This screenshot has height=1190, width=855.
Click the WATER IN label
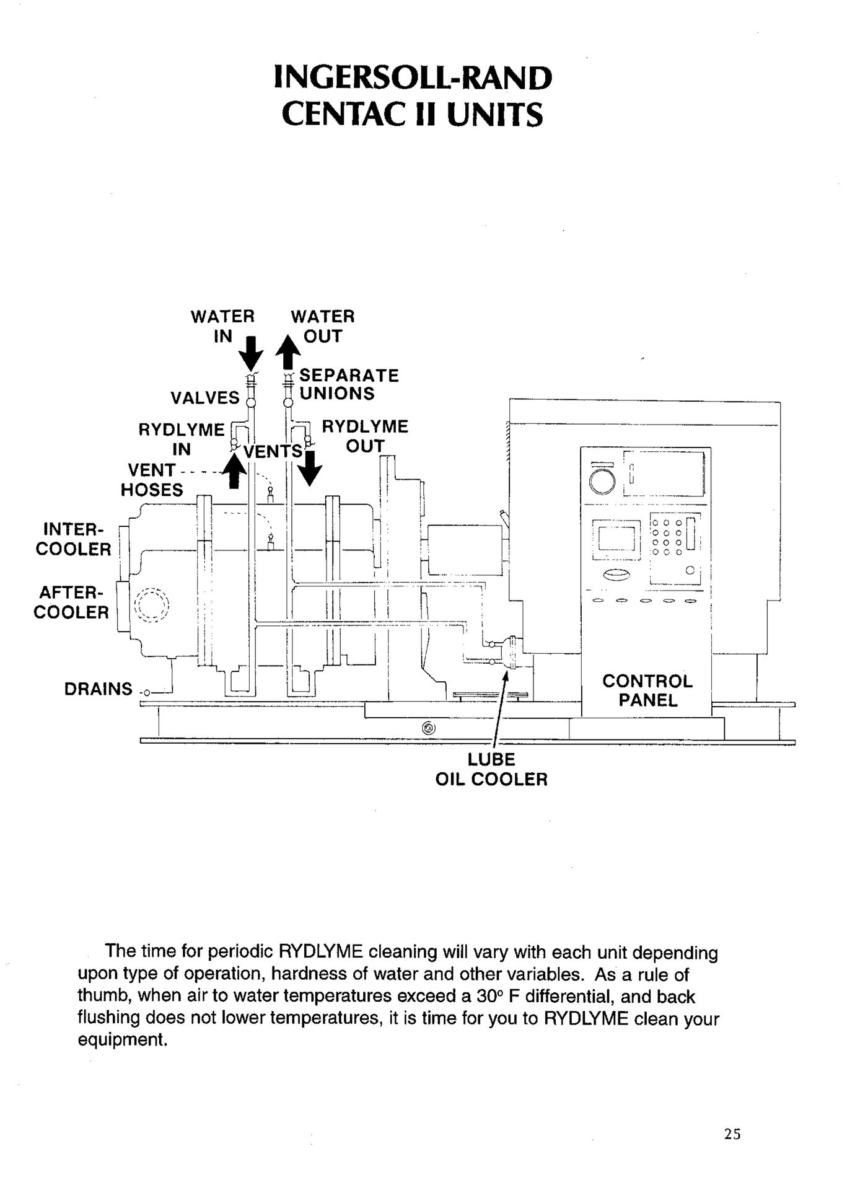222,326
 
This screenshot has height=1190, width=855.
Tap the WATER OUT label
323,326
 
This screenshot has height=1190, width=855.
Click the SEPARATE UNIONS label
349,384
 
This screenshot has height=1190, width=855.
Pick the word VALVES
205,397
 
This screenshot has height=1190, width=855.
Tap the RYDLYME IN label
181,439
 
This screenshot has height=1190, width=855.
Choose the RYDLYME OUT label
365,436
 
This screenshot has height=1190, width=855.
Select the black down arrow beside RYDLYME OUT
310,469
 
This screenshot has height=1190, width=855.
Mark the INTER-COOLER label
73,539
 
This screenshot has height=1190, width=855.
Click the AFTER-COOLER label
71,602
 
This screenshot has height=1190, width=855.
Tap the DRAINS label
99,689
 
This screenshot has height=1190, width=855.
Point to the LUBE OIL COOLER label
491,769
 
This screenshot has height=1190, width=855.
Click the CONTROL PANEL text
647,690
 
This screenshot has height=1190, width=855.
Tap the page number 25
732,1134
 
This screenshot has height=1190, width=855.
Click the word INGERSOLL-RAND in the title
413,78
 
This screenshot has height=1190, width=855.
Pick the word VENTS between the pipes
273,451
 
